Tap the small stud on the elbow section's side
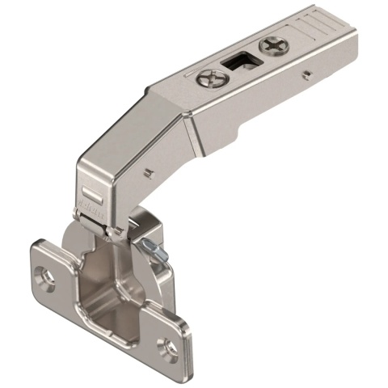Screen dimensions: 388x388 [149, 172]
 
